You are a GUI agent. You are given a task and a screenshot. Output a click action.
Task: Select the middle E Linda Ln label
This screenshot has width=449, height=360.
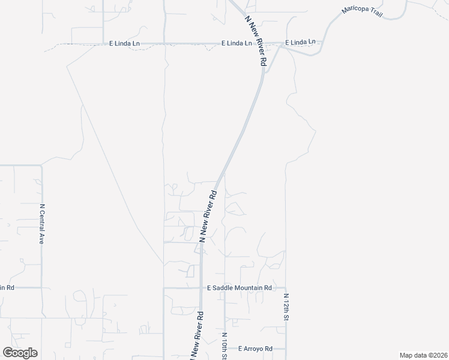(x=236, y=43)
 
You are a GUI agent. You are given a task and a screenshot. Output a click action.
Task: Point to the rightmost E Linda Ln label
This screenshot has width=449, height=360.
(x=300, y=43)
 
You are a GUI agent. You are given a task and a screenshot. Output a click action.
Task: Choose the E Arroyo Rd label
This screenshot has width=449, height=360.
(x=255, y=349)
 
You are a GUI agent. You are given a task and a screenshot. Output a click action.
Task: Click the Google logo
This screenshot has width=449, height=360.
(x=20, y=352)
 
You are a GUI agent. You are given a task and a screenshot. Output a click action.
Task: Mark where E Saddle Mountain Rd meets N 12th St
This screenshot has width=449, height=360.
(x=286, y=288)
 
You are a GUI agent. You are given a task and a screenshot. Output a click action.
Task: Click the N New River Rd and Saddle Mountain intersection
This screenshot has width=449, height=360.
(x=200, y=288)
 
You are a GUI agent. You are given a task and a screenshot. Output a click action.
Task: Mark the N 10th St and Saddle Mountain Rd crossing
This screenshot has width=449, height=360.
(x=224, y=288)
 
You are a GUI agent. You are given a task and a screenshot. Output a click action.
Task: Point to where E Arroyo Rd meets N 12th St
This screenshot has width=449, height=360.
(x=286, y=349)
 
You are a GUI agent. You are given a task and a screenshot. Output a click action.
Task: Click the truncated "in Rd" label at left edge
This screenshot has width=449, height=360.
(x=7, y=288)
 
